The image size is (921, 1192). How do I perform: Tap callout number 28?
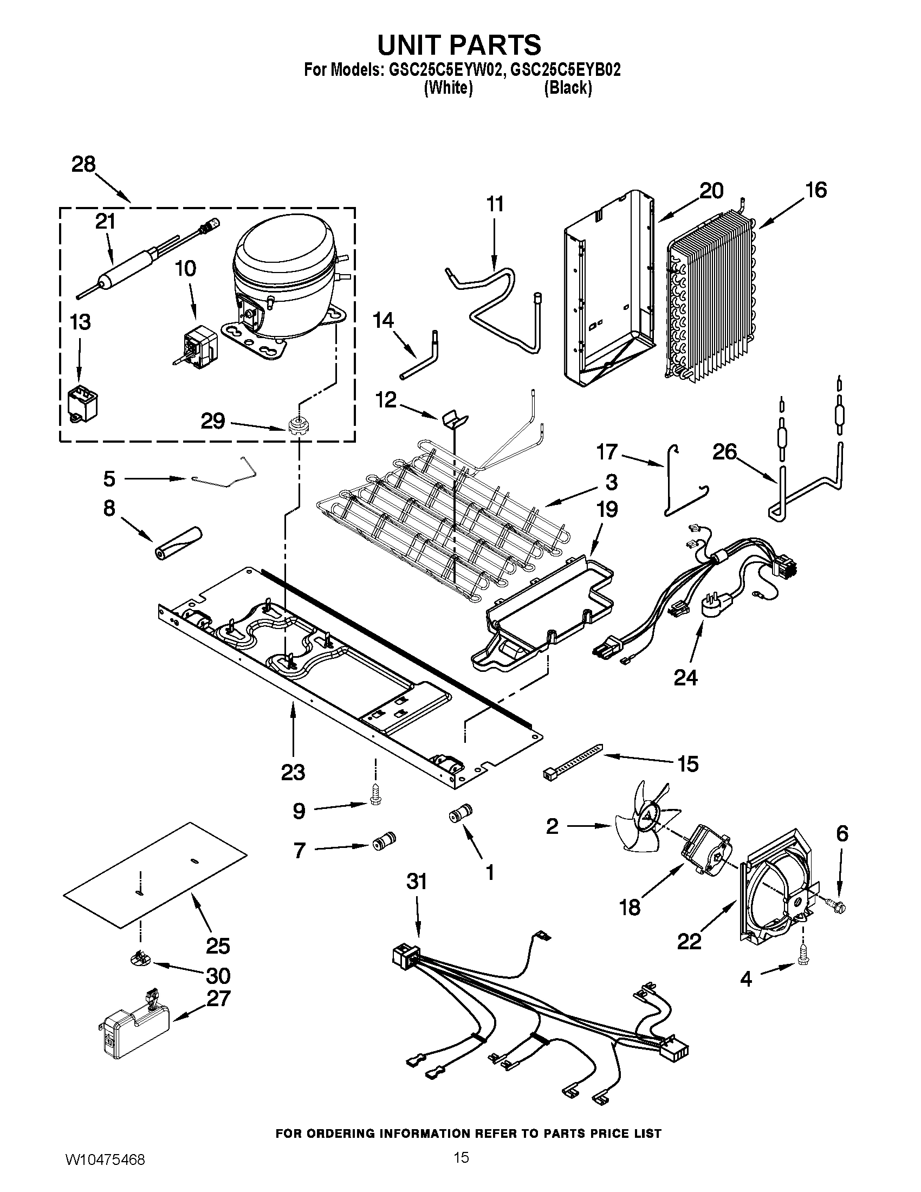click(83, 164)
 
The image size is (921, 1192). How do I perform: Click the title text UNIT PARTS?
click(460, 44)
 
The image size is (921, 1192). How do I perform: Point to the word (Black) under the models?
click(568, 87)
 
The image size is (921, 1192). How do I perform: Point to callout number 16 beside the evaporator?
click(816, 190)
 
